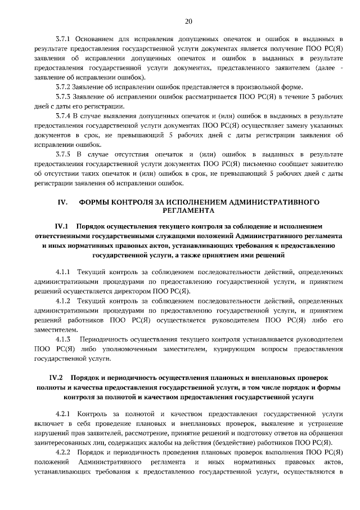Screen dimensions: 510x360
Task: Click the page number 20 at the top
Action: (188, 21)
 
